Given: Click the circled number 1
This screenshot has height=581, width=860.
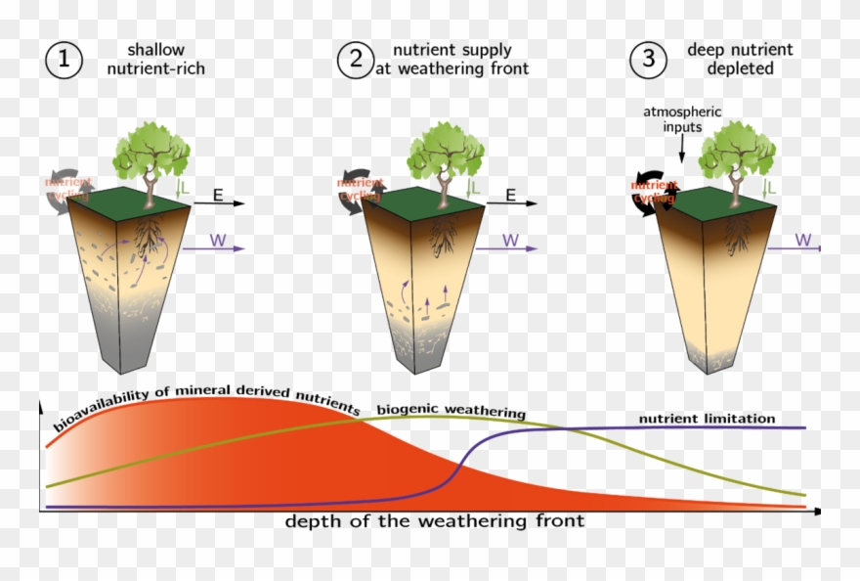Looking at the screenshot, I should pos(64,59).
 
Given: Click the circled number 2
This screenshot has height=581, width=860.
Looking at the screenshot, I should pos(353,59).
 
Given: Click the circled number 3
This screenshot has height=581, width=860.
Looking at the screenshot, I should pos(647,59).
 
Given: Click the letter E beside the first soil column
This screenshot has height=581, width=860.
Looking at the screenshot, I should pos(218,195).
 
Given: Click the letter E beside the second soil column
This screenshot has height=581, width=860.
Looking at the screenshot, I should pos(509,195).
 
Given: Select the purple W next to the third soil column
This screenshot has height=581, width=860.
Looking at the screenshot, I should pos(802,240).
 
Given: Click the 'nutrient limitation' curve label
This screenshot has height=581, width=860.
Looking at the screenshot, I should pos(707,419).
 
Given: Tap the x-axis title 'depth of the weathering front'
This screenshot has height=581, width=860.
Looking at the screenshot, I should pos(434,521).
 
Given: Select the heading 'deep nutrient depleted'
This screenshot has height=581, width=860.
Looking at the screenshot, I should pos(740,59).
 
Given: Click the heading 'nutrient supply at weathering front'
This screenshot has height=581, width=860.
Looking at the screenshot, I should pos(452,59).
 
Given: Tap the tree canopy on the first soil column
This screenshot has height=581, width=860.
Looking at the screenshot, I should pos(151,152).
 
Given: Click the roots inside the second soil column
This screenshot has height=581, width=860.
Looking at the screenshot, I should pos(443,230).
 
